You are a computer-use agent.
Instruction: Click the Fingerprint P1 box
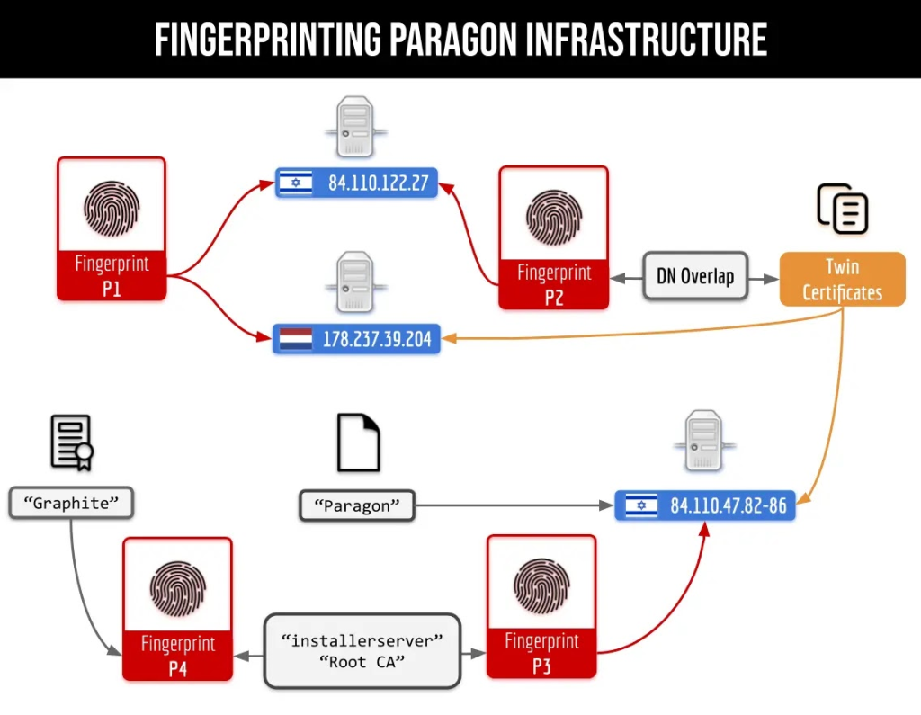pos(112,228)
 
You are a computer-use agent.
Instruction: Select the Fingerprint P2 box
pos(553,237)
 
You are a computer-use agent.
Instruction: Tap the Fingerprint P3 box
pos(541,606)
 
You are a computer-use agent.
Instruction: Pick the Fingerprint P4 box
pos(177,609)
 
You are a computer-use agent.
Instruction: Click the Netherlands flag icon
pos(295,339)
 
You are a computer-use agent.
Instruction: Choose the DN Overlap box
pos(695,276)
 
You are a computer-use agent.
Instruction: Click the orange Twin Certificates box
pos(842,280)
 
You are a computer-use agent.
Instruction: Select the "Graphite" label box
pos(71,503)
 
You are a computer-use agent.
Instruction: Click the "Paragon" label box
pos(357,505)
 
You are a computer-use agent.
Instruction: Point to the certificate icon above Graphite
pos(72,442)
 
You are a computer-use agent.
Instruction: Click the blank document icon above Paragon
pos(358,442)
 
